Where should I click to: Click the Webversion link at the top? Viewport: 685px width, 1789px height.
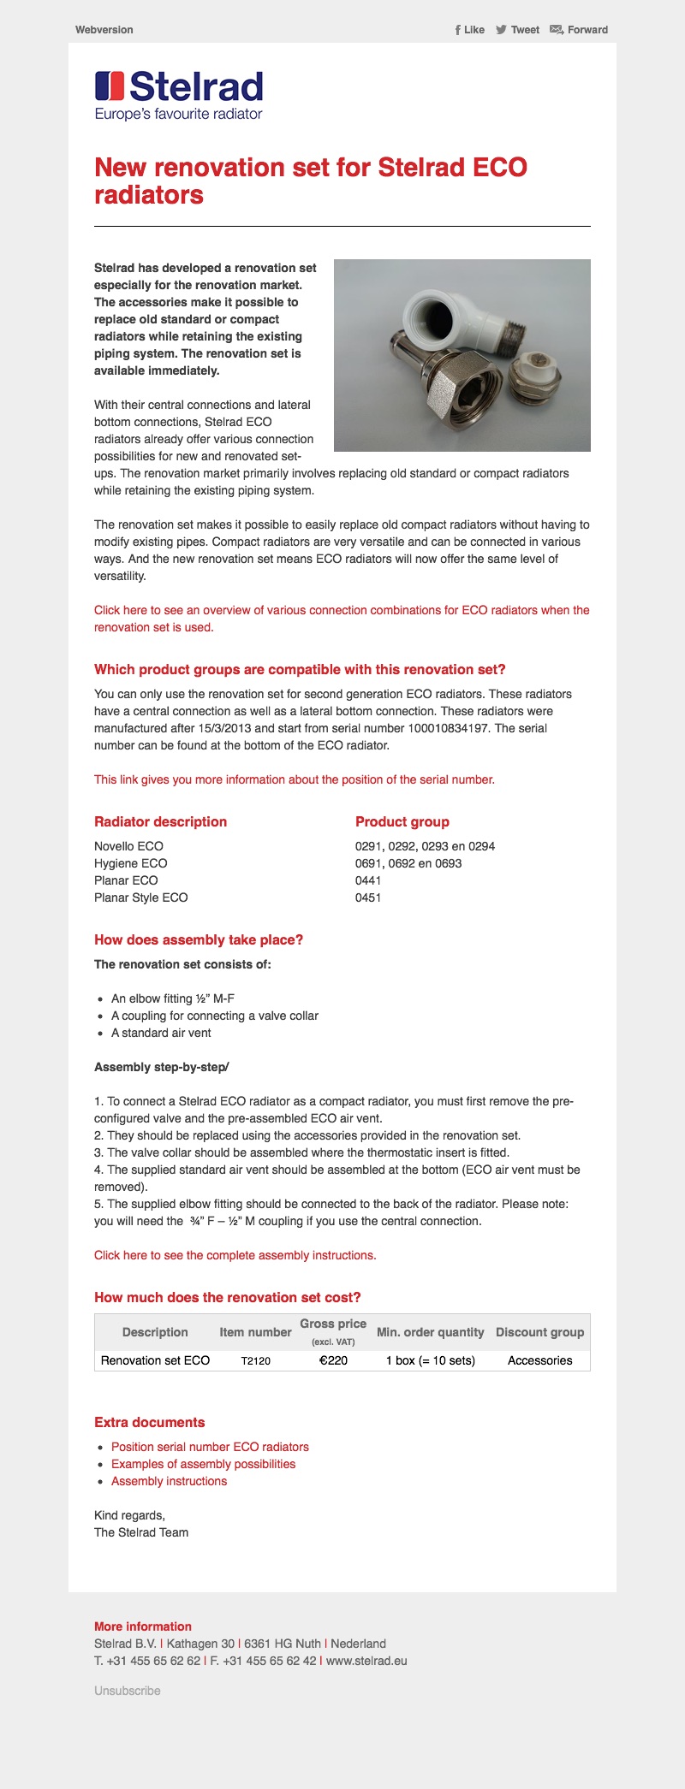click(x=104, y=30)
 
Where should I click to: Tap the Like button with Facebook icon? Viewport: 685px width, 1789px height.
click(x=470, y=30)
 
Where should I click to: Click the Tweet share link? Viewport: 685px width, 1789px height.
click(x=518, y=30)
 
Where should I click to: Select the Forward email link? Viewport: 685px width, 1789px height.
click(x=579, y=30)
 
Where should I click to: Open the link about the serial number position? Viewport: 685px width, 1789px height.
click(x=295, y=779)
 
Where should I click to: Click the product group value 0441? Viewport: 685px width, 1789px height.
click(x=368, y=880)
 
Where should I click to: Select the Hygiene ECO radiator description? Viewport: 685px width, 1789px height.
click(x=131, y=863)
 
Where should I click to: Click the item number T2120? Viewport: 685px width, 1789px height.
click(x=255, y=1360)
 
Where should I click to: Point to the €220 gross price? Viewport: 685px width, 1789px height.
click(x=333, y=1360)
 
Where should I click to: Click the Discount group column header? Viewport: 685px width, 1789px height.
click(x=539, y=1332)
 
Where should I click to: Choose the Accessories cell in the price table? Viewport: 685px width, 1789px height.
click(x=539, y=1360)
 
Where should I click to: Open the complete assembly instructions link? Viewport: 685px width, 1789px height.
click(x=235, y=1255)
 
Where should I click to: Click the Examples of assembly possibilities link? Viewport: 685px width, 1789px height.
click(x=203, y=1464)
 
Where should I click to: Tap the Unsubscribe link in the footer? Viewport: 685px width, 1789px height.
click(x=128, y=1691)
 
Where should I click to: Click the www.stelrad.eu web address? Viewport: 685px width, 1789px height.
click(x=366, y=1661)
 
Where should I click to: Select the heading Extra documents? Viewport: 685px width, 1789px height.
click(x=150, y=1422)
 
